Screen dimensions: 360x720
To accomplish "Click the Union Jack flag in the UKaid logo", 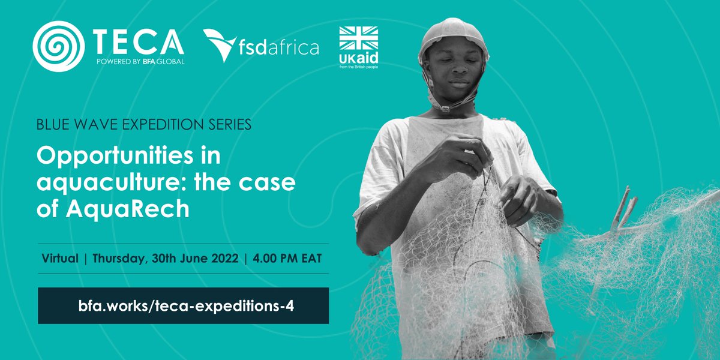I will (x=359, y=38).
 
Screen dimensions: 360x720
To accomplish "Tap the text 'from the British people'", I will (x=359, y=64).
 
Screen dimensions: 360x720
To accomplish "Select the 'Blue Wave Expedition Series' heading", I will (x=144, y=126).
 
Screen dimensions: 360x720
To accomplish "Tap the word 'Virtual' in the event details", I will (x=60, y=259).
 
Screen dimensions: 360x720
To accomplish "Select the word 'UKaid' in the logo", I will (x=359, y=56).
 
